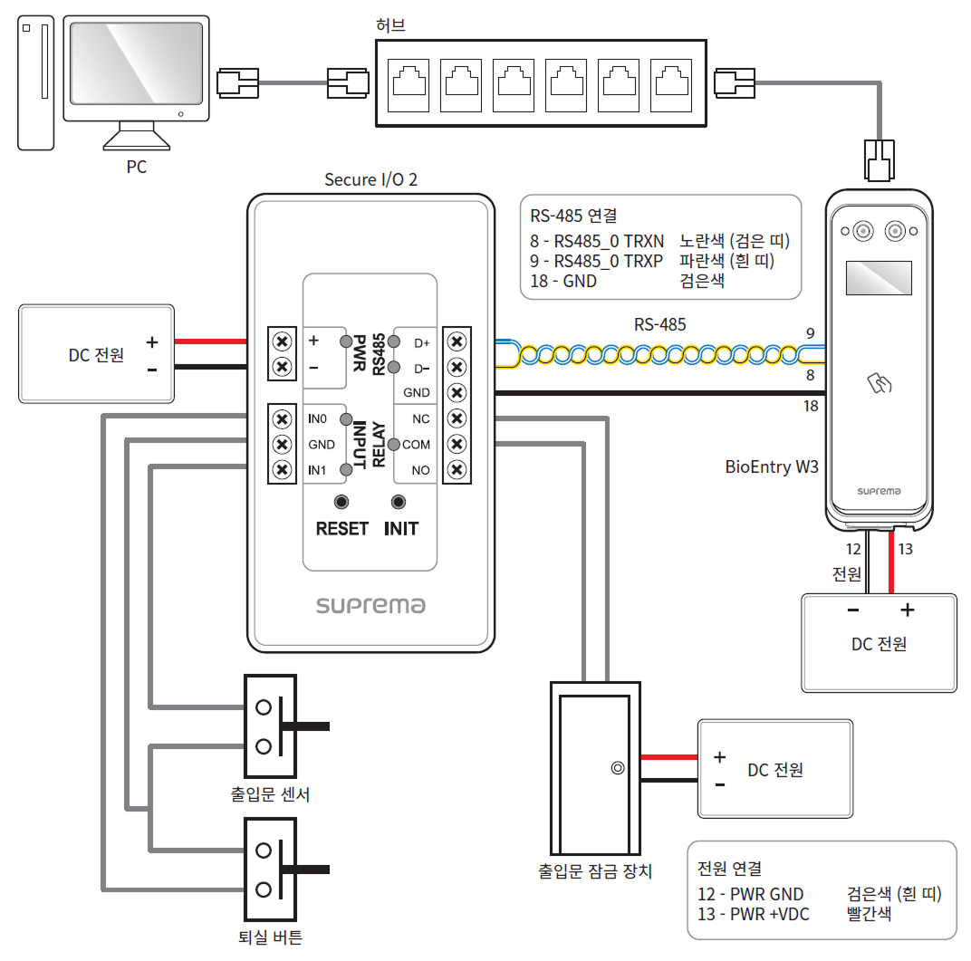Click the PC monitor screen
tap(137, 66)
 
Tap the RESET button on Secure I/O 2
tap(341, 503)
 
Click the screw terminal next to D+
tap(457, 341)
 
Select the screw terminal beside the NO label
tap(457, 470)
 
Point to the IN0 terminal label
tap(317, 419)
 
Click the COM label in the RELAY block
tap(417, 445)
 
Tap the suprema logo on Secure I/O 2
tap(370, 605)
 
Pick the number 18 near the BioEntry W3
tap(811, 406)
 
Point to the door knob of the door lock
tap(617, 768)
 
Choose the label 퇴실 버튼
tap(271, 937)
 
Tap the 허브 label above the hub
tap(390, 24)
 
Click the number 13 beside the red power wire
tap(905, 549)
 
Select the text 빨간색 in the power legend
tap(869, 913)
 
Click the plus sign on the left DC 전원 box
tap(152, 342)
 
